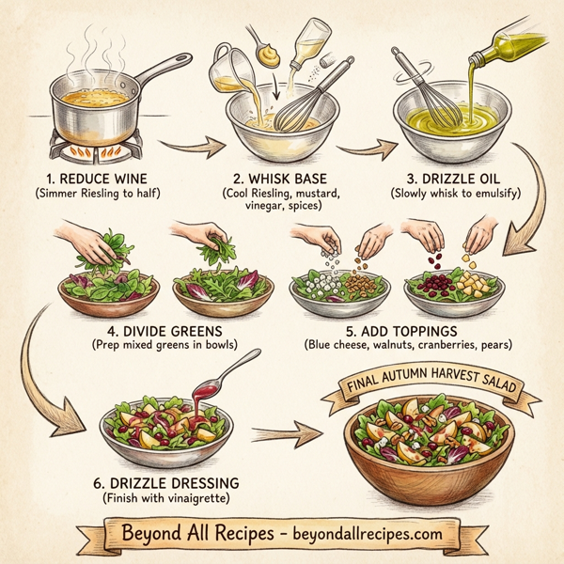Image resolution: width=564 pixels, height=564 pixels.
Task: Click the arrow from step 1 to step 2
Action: coord(192,145)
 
